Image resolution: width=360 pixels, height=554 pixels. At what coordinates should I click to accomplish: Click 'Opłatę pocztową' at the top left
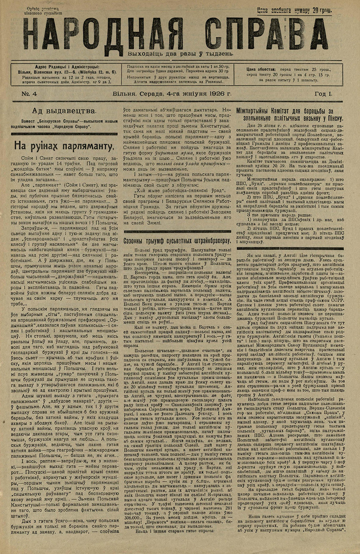(42, 8)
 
